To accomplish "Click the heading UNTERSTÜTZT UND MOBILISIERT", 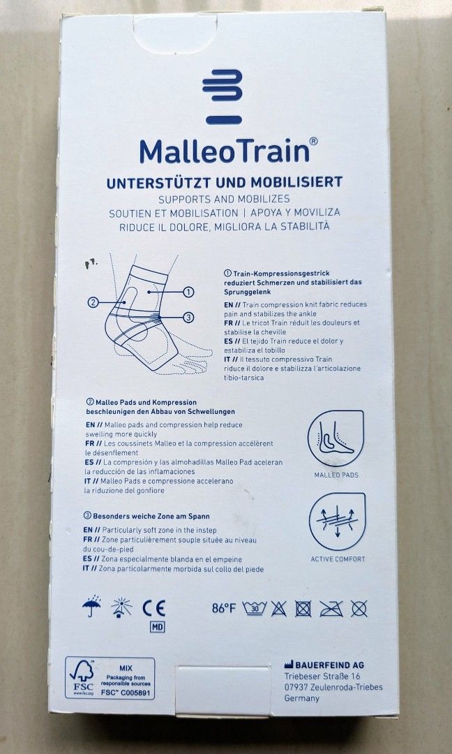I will (x=224, y=182).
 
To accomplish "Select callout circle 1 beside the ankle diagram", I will (x=188, y=291).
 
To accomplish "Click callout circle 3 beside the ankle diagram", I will (x=188, y=317).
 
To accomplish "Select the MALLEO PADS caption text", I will (x=336, y=475).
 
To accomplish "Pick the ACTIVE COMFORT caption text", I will (x=338, y=559).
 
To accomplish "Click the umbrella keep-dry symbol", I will (x=91, y=607).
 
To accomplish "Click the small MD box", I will (x=157, y=626).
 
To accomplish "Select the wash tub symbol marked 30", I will (x=255, y=607).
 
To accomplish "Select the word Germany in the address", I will (x=301, y=697).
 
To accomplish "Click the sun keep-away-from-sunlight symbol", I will (x=121, y=607).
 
